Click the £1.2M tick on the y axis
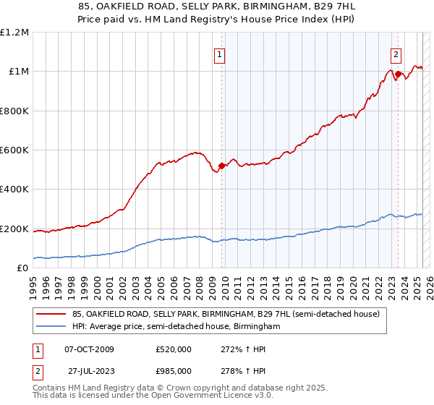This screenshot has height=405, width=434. coord(14,32)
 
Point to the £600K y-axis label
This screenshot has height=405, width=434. coord(14,150)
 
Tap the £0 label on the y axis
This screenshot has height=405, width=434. coord(23,268)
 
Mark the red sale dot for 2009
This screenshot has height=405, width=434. coord(221,166)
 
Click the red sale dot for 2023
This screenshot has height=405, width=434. coord(398,74)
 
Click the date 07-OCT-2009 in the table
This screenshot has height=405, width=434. coord(89,349)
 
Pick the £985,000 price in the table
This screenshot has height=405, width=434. coord(174,371)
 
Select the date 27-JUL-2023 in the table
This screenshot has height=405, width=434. coord(88,371)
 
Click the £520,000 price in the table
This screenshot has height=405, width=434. coord(174,349)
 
